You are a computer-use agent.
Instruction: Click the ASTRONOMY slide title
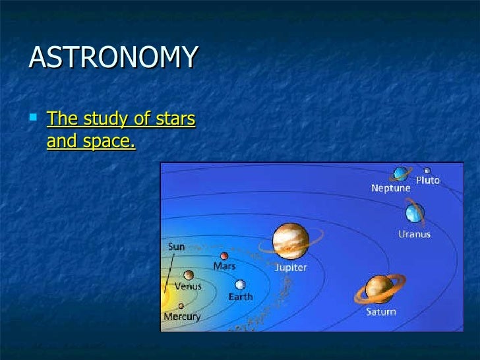click(x=113, y=58)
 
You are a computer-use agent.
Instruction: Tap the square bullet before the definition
click(x=34, y=119)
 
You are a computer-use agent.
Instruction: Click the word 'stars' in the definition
click(x=174, y=119)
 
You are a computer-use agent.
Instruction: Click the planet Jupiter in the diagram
click(x=290, y=241)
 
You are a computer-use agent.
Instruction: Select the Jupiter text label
click(x=290, y=268)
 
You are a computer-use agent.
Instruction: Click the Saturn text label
click(x=381, y=311)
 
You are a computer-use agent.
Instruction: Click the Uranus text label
click(x=415, y=233)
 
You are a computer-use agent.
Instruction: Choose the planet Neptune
click(x=400, y=173)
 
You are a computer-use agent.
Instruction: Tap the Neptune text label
click(x=390, y=188)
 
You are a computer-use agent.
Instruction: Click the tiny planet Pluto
click(x=427, y=171)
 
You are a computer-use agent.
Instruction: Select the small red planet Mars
click(x=224, y=256)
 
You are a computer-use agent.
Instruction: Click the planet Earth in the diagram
click(x=240, y=284)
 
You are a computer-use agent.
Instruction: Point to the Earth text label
click(x=240, y=297)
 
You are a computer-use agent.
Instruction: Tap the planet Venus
click(x=189, y=275)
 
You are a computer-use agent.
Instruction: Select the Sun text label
click(x=176, y=247)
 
